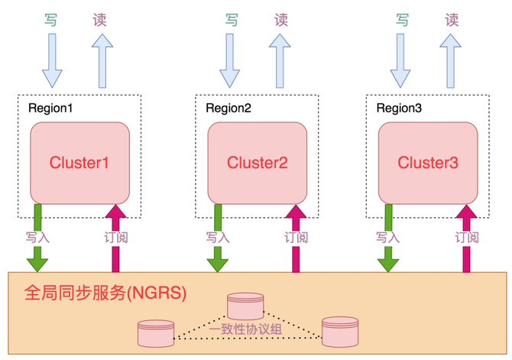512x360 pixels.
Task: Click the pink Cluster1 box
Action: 79,161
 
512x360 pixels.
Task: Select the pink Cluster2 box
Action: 257,161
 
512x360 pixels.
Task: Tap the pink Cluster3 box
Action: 428,161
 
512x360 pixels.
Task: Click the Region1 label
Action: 50,108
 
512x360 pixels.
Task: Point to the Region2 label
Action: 228,108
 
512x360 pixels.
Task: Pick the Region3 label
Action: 399,108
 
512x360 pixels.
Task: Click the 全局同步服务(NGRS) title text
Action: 105,293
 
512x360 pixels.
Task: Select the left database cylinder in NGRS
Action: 156,333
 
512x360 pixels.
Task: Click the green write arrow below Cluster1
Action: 37,237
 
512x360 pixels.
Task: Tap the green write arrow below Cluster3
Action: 388,237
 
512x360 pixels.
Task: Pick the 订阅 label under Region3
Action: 467,237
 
